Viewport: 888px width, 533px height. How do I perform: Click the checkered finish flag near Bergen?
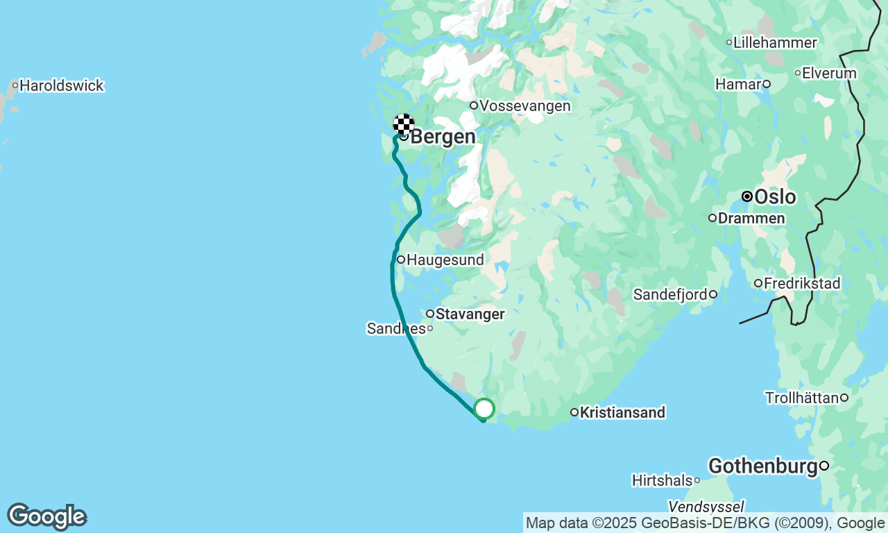[404, 124]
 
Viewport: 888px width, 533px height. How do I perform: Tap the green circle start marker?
[484, 409]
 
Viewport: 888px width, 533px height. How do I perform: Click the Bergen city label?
[443, 137]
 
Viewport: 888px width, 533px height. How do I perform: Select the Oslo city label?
[775, 197]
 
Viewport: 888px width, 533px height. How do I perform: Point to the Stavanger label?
[470, 314]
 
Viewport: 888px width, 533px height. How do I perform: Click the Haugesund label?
[445, 260]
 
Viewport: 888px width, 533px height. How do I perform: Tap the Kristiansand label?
[622, 413]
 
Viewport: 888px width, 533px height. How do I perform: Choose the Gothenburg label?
[762, 466]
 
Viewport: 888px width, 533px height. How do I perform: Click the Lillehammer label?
[775, 43]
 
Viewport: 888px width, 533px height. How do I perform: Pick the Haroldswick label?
[62, 86]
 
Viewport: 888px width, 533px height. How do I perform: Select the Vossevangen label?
[524, 106]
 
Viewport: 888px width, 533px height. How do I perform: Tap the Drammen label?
[751, 219]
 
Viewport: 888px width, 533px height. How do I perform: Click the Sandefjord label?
[670, 295]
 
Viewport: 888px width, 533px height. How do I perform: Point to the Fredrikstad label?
[802, 284]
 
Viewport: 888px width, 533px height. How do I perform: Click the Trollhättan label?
[801, 398]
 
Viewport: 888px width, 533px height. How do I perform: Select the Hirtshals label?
[662, 480]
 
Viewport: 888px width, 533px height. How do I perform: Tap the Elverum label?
[829, 73]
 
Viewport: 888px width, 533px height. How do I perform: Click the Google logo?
[46, 517]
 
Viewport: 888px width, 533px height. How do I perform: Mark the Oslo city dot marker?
[747, 196]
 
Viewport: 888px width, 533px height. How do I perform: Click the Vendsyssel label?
[706, 506]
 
